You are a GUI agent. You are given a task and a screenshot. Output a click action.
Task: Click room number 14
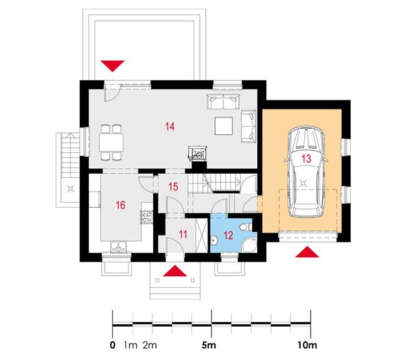coord(170,126)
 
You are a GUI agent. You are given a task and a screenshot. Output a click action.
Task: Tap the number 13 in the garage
coord(306,159)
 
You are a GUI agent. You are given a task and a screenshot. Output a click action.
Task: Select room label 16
coord(121,206)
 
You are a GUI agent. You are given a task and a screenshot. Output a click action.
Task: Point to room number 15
coord(173,187)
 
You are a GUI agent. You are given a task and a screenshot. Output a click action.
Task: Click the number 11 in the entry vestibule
coord(183,235)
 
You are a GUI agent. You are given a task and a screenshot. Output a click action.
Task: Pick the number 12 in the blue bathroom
coord(228,235)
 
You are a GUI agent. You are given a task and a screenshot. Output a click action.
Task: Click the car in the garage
coord(306,172)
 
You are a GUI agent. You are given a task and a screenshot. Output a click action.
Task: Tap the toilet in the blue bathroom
coord(245,227)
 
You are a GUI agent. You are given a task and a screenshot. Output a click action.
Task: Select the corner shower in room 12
coord(250,244)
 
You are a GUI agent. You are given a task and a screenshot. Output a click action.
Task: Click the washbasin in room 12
coord(215,240)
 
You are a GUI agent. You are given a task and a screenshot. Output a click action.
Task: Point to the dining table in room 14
coord(111,143)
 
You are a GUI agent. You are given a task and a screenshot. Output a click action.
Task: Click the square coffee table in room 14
coord(224,126)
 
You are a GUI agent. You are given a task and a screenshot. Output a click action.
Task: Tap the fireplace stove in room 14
coord(198,154)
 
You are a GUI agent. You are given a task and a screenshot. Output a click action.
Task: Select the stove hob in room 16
coord(147,217)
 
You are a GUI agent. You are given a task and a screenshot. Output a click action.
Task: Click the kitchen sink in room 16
coord(119,246)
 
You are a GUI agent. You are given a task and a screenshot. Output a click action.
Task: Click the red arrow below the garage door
coord(307,252)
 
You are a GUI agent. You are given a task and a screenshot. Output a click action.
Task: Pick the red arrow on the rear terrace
coord(112,66)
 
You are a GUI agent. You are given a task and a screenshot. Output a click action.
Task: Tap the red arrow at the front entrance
coord(175,271)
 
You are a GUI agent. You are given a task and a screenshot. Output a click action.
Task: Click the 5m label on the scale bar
coord(209,345)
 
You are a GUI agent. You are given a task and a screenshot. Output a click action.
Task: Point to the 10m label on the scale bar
coord(307,345)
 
